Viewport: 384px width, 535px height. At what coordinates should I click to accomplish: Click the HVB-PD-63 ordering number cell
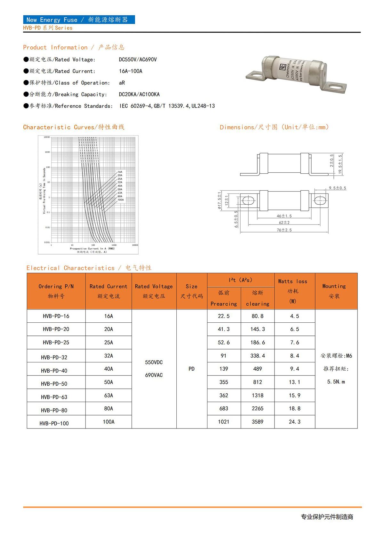[54, 397]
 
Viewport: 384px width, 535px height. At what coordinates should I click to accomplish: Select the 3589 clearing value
[257, 422]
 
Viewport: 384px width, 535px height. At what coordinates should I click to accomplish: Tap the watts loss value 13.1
[294, 382]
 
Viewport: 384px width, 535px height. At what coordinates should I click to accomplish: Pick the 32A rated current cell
[108, 356]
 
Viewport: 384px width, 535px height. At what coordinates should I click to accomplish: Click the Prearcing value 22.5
[224, 316]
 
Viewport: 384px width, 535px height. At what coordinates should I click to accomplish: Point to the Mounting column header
[334, 291]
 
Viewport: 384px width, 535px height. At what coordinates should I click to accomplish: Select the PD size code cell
[191, 369]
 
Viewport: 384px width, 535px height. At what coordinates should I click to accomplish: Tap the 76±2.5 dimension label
[284, 230]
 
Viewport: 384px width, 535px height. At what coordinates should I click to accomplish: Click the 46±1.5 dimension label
[284, 216]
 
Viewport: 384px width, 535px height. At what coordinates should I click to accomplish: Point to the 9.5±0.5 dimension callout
[337, 188]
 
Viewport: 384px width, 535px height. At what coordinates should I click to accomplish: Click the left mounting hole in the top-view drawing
[248, 201]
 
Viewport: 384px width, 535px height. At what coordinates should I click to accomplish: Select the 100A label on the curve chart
[121, 200]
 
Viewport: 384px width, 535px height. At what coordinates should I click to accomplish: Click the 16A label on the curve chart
[120, 172]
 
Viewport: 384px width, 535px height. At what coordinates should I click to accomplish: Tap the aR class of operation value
[122, 83]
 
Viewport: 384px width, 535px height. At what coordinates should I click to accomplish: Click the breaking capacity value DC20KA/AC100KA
[139, 94]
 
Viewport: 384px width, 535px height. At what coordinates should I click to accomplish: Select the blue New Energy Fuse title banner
[79, 20]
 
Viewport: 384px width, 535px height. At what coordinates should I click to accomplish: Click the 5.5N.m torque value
[336, 382]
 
